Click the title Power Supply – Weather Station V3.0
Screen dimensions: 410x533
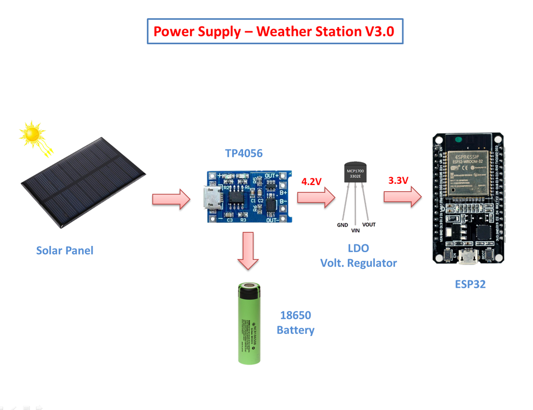(x=274, y=31)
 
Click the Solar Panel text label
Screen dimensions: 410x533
(x=65, y=251)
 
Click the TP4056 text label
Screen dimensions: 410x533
(x=244, y=153)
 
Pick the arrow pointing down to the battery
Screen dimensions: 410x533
(x=249, y=251)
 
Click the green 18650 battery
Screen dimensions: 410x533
(x=249, y=323)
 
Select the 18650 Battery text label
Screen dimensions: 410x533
(x=296, y=322)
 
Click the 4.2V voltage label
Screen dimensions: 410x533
(x=311, y=181)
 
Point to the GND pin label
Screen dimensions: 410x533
(x=342, y=225)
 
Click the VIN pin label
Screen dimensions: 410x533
(x=356, y=230)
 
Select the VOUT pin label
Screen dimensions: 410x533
(x=369, y=225)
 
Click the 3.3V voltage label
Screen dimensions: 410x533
(x=398, y=181)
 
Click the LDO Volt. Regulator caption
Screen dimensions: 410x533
(x=358, y=256)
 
